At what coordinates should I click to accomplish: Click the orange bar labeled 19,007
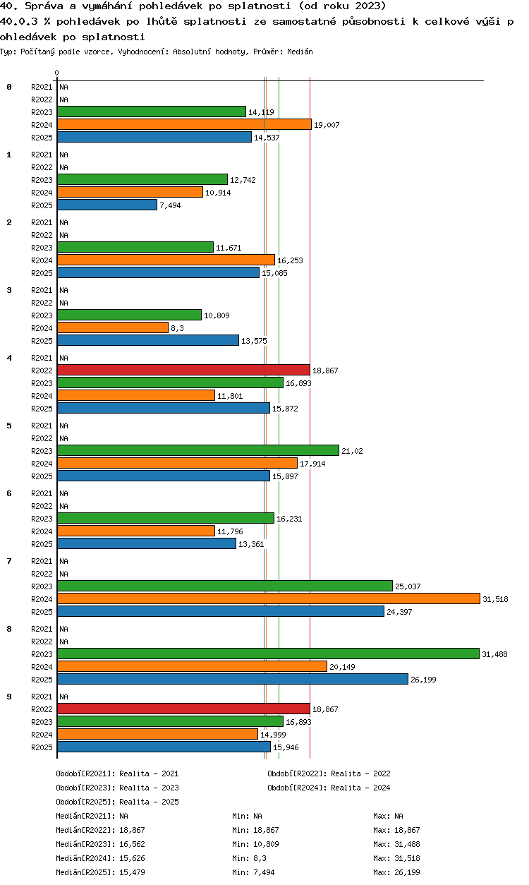184,124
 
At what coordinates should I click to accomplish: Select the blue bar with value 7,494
107,205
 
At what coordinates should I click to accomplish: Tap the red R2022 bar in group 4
183,371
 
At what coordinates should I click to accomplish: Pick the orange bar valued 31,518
269,599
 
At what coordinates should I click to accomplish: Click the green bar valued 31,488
269,654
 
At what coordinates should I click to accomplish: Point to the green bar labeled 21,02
198,451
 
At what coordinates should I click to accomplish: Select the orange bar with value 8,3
113,328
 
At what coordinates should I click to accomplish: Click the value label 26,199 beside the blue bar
423,680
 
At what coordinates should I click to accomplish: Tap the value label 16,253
290,260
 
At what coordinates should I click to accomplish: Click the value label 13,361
251,544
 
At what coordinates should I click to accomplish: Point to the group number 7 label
9,561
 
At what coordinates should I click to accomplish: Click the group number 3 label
9,290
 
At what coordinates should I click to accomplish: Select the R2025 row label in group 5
42,476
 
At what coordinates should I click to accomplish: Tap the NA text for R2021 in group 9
63,697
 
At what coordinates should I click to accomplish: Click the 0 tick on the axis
57,73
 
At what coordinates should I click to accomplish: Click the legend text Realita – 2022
360,773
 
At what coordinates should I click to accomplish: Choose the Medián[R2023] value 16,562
132,844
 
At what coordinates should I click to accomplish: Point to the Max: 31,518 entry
396,858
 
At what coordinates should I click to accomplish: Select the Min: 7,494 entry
253,872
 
